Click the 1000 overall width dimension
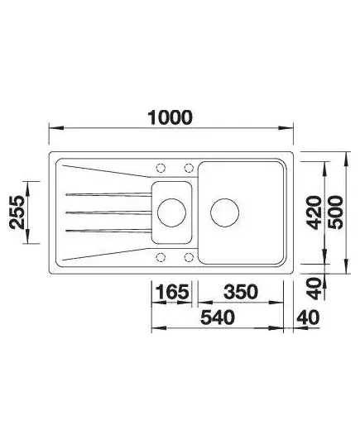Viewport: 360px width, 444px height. [170, 117]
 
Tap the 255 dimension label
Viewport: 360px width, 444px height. [17, 212]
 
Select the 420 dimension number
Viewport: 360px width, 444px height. [314, 212]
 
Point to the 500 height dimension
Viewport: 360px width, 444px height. [335, 212]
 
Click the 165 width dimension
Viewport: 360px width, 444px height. [172, 292]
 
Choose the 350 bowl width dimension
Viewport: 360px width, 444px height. [241, 292]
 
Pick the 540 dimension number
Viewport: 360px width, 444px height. [218, 317]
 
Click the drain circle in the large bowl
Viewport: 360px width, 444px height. [225, 212]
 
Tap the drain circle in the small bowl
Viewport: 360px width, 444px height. [171, 212]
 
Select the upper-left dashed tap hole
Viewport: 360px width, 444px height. [161, 168]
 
